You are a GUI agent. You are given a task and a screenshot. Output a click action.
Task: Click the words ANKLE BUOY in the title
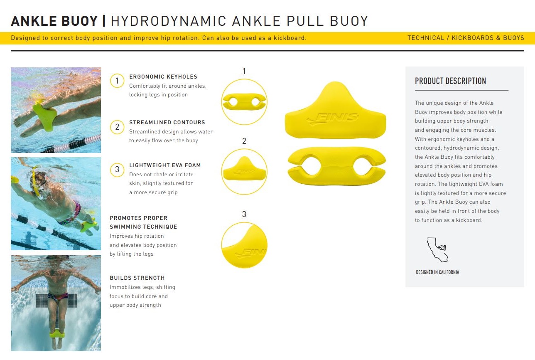tap(54, 21)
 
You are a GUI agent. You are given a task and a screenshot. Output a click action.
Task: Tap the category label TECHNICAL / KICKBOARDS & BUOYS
tap(466, 38)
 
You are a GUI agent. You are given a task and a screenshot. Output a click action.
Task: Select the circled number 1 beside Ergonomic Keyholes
tap(117, 81)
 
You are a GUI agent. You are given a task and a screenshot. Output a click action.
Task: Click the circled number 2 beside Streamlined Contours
tap(117, 127)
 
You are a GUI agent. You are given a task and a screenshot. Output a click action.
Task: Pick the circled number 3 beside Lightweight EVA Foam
tap(117, 170)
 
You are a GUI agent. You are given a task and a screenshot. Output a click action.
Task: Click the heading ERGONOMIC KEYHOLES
tap(163, 77)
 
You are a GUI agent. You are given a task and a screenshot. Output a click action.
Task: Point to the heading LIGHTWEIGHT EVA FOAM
tap(165, 165)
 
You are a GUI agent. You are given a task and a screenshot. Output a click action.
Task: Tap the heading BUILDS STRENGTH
tap(137, 278)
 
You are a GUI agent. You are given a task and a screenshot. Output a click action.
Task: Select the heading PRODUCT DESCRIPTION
tap(450, 81)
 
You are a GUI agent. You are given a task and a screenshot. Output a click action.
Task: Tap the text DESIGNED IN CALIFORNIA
tap(437, 272)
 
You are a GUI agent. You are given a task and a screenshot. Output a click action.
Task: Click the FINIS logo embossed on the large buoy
tap(333, 118)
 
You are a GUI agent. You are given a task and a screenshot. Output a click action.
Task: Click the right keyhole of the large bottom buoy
tap(363, 165)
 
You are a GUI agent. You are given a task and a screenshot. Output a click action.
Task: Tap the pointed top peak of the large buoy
tap(335, 83)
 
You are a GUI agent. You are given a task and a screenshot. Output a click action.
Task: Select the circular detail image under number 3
tap(244, 245)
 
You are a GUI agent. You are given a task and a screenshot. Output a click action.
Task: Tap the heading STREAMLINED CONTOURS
tap(167, 122)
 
